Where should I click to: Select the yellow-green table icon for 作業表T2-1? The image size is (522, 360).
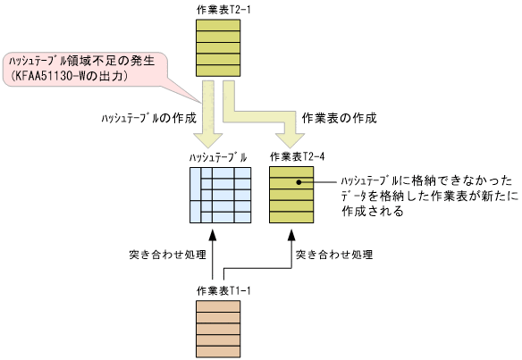point(218,46)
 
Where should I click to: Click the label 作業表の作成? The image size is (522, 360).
point(340,116)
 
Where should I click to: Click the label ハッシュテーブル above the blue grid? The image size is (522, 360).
point(218,157)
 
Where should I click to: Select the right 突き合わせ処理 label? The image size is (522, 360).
point(334,254)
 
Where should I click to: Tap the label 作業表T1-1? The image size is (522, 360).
point(218,290)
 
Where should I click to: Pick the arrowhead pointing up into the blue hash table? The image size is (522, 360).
point(213,235)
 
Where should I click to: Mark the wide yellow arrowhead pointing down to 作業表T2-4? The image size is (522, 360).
point(291,139)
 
